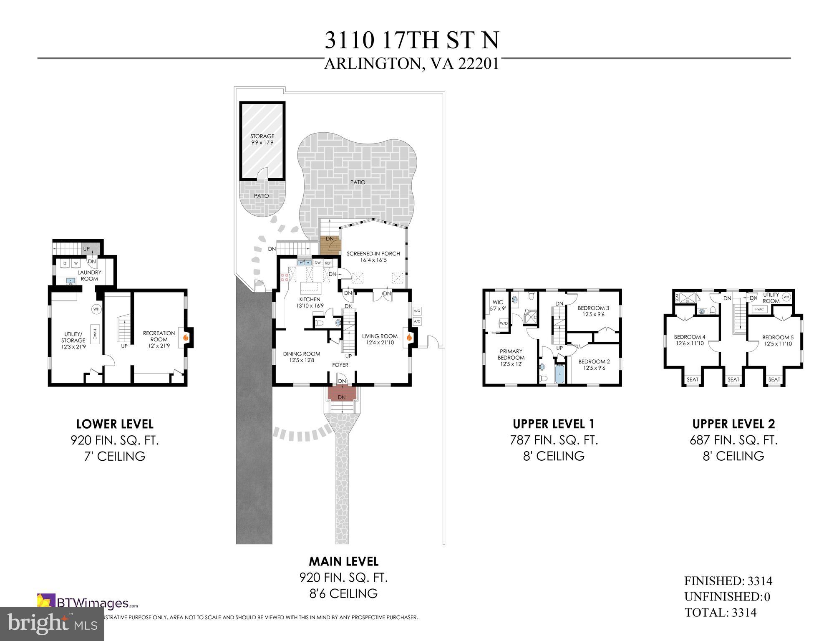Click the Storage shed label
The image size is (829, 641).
[x=262, y=136]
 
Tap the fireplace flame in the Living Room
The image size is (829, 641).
[x=409, y=337]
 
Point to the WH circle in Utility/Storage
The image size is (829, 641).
[x=96, y=309]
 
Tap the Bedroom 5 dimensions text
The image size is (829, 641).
[x=778, y=344]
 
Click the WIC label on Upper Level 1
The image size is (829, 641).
[x=498, y=303]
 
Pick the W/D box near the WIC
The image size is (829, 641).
[x=503, y=323]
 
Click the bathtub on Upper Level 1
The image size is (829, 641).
[x=559, y=375]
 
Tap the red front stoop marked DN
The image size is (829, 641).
[x=342, y=394]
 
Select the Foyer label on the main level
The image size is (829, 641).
[x=340, y=365]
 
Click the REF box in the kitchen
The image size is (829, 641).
[x=328, y=263]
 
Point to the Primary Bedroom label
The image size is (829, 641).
[x=511, y=354]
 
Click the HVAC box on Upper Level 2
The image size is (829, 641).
[x=758, y=309]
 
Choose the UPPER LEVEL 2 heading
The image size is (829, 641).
[x=733, y=424]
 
